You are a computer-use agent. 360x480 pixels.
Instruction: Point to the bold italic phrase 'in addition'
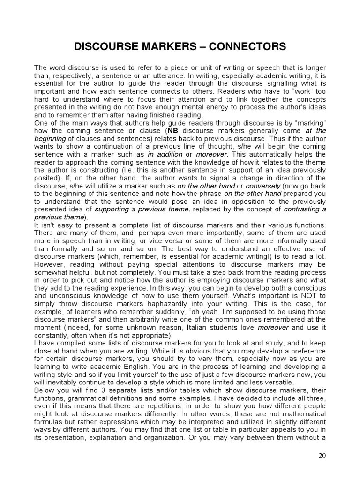(164, 154)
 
